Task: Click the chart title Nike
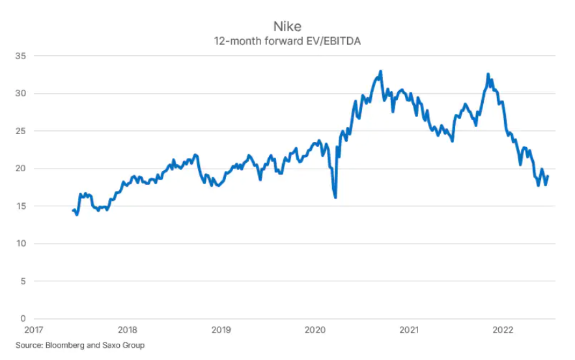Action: (287, 28)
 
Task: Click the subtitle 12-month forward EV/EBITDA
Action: (287, 41)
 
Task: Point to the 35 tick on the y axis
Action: (21, 56)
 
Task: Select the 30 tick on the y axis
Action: (21, 94)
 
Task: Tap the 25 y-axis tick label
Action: (21, 132)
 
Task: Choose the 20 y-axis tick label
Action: (21, 169)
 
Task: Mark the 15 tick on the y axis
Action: (21, 206)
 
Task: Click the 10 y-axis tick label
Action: (21, 244)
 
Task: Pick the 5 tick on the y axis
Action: (23, 281)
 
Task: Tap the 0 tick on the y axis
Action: (23, 319)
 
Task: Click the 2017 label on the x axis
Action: (34, 330)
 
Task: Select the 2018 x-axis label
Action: (128, 330)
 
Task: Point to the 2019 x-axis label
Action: (221, 330)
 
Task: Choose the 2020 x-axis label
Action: (315, 330)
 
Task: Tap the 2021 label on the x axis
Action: (409, 330)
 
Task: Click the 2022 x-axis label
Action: (503, 330)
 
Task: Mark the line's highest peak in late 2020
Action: (381, 71)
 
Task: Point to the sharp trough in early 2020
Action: (335, 197)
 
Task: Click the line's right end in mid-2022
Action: (548, 176)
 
